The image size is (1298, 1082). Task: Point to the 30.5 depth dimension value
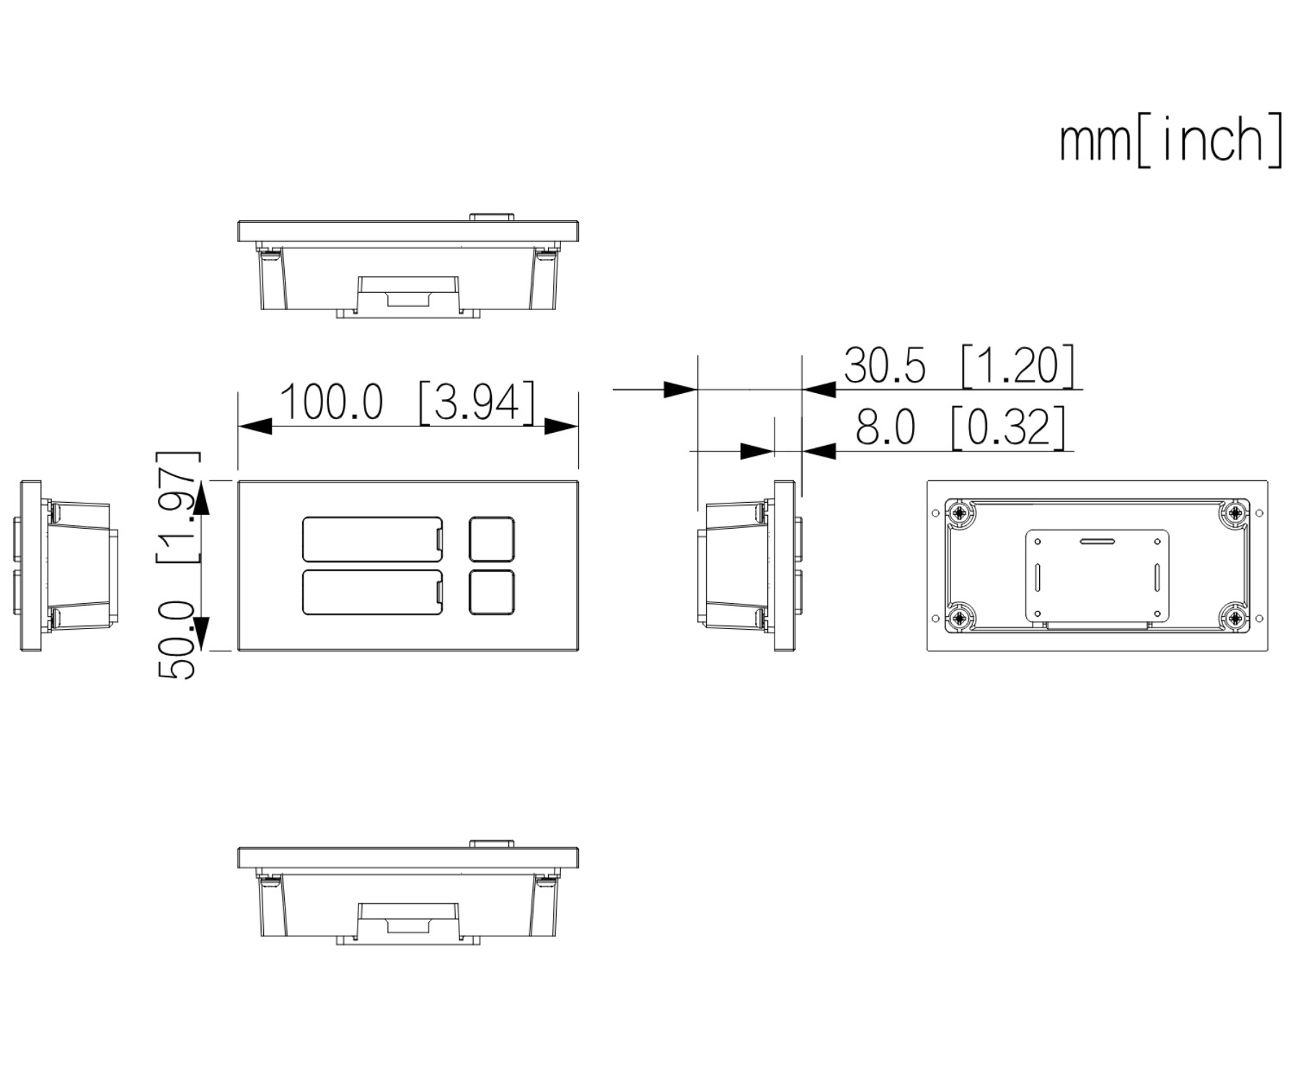click(885, 365)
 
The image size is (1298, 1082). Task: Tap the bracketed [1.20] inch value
click(1017, 365)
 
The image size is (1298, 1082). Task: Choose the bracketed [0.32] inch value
click(1008, 427)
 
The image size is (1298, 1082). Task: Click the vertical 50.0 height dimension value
click(177, 641)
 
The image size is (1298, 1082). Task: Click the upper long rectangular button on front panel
click(372, 539)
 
